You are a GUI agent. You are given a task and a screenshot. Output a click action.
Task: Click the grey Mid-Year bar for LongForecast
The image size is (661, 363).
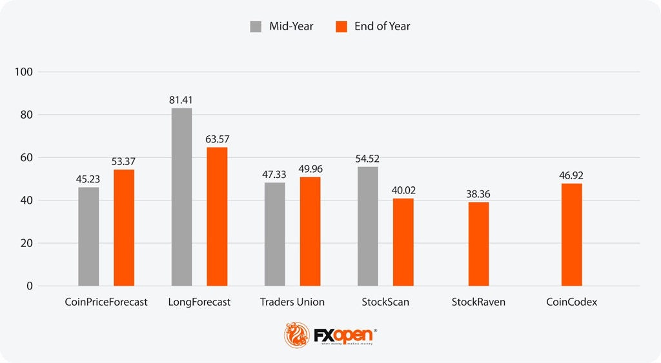pos(181,197)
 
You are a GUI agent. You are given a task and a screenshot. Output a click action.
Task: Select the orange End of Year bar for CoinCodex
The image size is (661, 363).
pos(571,235)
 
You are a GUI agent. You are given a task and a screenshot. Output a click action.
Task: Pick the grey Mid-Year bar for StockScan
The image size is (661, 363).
pos(368,226)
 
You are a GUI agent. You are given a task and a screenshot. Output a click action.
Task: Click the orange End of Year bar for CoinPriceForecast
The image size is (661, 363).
pos(124,228)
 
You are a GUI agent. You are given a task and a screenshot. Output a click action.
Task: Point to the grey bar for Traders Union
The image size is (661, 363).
pos(275,234)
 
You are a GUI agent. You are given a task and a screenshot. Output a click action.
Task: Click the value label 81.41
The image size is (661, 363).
pos(181,100)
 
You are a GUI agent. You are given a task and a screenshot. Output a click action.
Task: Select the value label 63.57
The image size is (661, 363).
pos(218,139)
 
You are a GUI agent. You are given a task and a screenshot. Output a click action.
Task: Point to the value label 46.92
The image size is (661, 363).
pos(571,175)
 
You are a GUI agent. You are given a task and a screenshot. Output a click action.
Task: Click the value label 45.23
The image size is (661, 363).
pos(88,179)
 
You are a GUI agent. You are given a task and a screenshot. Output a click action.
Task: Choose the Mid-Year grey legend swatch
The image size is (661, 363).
pos(256,26)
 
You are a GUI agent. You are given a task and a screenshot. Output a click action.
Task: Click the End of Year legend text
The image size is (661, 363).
pos(382,26)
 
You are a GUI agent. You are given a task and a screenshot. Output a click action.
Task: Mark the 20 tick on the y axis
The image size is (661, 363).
pos(26,243)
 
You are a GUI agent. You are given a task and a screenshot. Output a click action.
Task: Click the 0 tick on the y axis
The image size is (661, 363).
pos(29,286)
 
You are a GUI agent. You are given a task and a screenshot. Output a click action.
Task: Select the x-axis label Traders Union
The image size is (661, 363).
pos(292,302)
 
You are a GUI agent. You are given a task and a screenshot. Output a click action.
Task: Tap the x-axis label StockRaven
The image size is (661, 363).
pos(478,302)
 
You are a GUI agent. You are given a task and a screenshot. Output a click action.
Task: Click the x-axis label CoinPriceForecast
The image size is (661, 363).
pos(107,302)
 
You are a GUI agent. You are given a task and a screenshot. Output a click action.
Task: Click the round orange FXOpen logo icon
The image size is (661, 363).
pos(298,335)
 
